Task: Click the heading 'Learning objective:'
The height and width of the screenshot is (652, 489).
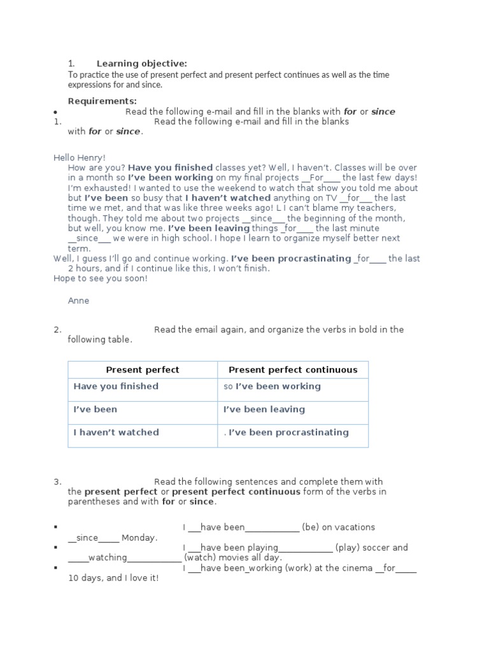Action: point(141,64)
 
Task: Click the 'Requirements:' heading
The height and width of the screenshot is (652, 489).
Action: point(102,101)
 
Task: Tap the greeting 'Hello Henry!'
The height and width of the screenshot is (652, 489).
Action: point(80,157)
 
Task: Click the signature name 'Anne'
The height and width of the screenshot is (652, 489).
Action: point(78,301)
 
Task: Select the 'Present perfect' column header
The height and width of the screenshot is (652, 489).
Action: point(143,370)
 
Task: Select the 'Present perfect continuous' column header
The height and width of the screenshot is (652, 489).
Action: point(293,370)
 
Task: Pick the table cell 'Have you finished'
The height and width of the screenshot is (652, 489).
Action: point(116,386)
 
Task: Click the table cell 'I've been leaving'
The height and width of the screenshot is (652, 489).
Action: point(264,409)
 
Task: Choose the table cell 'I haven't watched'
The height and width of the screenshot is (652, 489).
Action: point(116,432)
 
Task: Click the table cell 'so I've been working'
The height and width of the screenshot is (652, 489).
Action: point(272,386)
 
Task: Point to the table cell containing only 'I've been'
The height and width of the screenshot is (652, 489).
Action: point(96,409)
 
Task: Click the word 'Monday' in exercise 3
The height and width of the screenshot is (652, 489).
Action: point(138,538)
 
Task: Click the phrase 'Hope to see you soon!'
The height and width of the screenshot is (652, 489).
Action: point(100,279)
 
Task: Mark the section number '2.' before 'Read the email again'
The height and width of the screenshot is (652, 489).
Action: point(57,329)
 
